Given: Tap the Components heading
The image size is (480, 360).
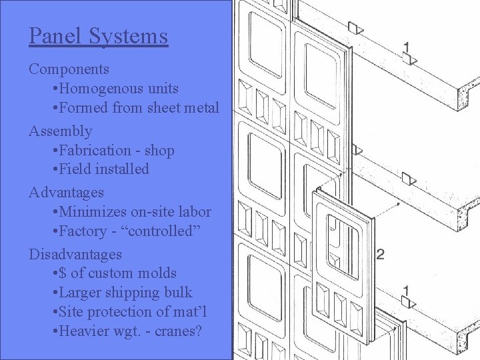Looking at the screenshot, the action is click(x=69, y=69).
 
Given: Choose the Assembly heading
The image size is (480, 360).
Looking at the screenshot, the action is click(x=60, y=131).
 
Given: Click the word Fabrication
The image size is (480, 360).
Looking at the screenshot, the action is click(x=95, y=150).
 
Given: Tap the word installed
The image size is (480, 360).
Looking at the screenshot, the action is click(x=121, y=169).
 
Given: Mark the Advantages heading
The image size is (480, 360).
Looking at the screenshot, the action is click(x=66, y=193).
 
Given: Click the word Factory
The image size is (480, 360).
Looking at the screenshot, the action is click(x=82, y=231).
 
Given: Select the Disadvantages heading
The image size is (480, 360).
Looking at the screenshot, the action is click(x=75, y=254).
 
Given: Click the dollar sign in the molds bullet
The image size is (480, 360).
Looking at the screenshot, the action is click(x=63, y=273).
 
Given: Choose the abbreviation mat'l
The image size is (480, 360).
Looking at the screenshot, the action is click(x=193, y=311).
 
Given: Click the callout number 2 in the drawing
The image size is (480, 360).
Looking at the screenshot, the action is click(x=381, y=253).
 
